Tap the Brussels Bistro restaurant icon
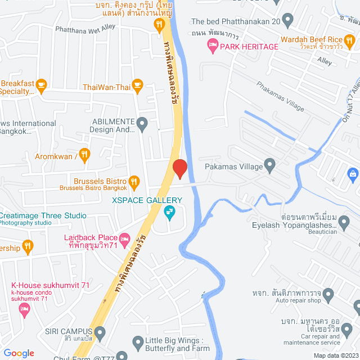(x=134, y=181)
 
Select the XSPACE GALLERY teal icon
(x=168, y=212)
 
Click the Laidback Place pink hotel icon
(x=125, y=239)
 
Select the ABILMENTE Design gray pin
(x=142, y=123)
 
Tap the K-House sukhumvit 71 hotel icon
(x=24, y=309)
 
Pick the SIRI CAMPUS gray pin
(x=100, y=332)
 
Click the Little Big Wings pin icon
(x=138, y=341)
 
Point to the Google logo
(x=19, y=353)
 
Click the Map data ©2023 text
(x=335, y=355)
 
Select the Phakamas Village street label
(x=280, y=96)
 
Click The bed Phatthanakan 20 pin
(x=288, y=22)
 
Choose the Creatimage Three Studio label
(x=43, y=215)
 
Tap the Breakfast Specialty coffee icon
(x=41, y=84)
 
